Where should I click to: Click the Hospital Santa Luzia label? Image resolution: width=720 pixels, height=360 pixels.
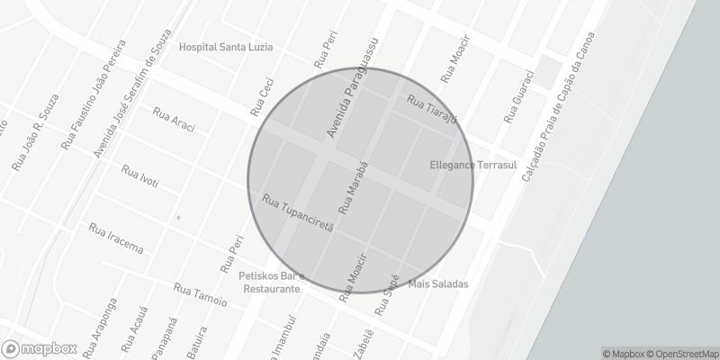click(225, 47)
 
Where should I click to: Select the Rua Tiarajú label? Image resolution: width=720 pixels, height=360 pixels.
click(433, 108)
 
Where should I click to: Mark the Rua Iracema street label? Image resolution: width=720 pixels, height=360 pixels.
click(116, 238)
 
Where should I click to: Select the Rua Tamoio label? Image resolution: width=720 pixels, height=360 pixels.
click(201, 294)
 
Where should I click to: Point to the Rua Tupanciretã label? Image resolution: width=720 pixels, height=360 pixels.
click(298, 212)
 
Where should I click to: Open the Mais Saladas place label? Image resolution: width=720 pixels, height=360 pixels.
click(438, 284)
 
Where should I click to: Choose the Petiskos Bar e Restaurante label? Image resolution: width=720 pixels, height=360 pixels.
click(273, 283)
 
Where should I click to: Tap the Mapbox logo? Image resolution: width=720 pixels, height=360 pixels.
click(39, 348)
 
